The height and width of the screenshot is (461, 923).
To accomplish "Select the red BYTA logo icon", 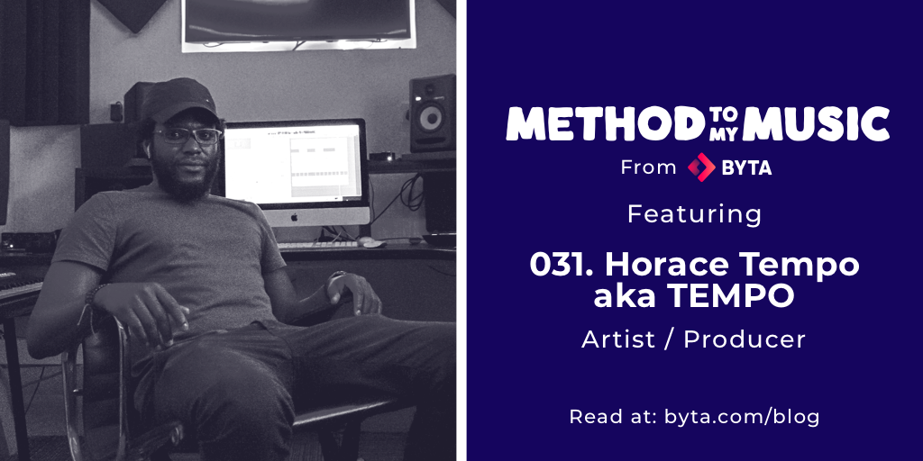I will [x=701, y=167].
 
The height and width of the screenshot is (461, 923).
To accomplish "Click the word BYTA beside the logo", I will [x=746, y=167].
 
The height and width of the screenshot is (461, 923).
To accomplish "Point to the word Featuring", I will [x=694, y=214].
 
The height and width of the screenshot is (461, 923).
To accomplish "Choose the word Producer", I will [x=744, y=339].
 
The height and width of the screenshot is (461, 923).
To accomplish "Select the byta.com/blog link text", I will [x=742, y=417].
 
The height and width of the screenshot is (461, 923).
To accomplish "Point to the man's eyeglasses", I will [x=187, y=136].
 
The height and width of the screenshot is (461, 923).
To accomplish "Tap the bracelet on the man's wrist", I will [x=94, y=293].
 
